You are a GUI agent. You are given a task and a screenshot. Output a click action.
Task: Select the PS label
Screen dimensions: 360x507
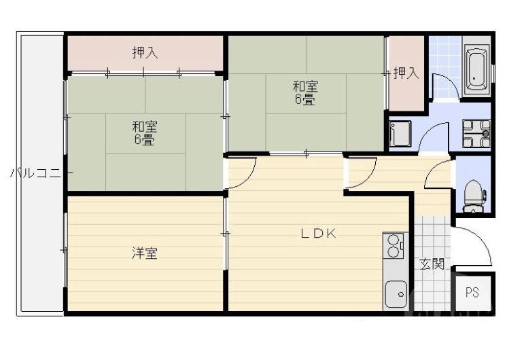(472, 293)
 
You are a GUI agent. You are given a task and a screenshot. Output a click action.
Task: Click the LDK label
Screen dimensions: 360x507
(319, 234)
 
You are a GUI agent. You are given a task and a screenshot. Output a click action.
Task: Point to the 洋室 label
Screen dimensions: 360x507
(145, 253)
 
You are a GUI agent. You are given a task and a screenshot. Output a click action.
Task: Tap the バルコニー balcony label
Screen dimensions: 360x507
(37, 173)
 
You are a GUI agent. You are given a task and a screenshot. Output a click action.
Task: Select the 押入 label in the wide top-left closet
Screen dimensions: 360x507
(145, 52)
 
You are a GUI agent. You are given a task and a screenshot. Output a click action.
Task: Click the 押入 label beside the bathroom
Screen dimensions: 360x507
(406, 73)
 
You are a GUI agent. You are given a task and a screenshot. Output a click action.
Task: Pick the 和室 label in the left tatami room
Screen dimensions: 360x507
(145, 126)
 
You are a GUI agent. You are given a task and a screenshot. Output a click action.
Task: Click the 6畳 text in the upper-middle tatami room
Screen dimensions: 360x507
(304, 100)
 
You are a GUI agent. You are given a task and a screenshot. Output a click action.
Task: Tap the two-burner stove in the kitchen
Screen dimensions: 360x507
(393, 247)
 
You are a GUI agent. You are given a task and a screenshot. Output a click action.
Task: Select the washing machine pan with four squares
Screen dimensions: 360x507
(476, 132)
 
